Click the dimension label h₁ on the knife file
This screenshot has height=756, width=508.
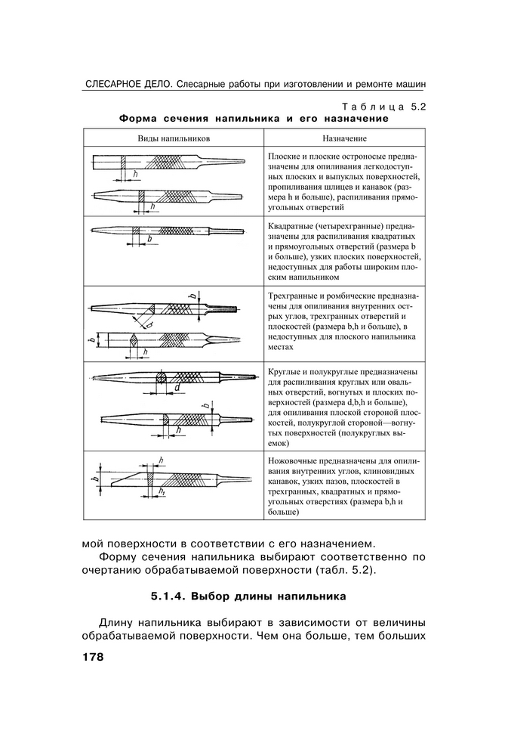tap(162, 492)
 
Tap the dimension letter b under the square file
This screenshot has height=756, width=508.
tap(149, 239)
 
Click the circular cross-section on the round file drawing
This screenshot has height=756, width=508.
tap(161, 376)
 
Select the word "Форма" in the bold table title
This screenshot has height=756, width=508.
tap(137, 119)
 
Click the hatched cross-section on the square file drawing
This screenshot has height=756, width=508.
tap(136, 230)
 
